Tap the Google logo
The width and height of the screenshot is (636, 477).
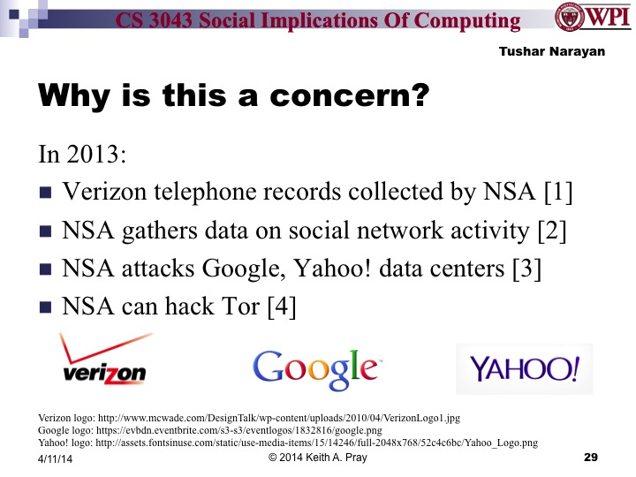click(x=315, y=367)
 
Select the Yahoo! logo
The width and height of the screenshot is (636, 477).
click(x=524, y=368)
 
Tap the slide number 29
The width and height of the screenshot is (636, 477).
click(x=591, y=458)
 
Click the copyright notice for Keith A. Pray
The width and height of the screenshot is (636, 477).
click(x=318, y=458)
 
